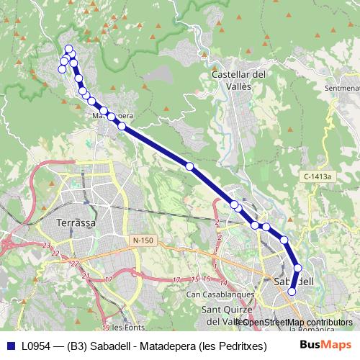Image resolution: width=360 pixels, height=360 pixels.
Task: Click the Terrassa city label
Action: click(76, 223)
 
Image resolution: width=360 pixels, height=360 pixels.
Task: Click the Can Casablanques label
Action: click(220, 294)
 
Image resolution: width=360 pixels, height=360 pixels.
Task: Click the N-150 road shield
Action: click(143, 239)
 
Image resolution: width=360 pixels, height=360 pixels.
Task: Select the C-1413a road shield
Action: click(317, 176)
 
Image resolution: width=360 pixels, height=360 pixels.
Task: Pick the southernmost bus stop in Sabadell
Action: click(292, 292)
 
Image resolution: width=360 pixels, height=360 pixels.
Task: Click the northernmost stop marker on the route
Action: click(69, 49)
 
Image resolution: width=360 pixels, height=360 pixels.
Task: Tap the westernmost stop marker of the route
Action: click(61, 69)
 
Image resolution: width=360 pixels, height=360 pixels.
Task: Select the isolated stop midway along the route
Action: click(190, 166)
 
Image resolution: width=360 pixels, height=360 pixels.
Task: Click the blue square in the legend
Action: click(10, 346)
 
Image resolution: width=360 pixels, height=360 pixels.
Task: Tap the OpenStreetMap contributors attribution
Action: click(295, 323)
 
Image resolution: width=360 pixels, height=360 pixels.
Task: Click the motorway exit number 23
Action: click(46, 246)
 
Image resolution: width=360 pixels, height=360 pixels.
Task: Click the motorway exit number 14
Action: click(224, 282)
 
